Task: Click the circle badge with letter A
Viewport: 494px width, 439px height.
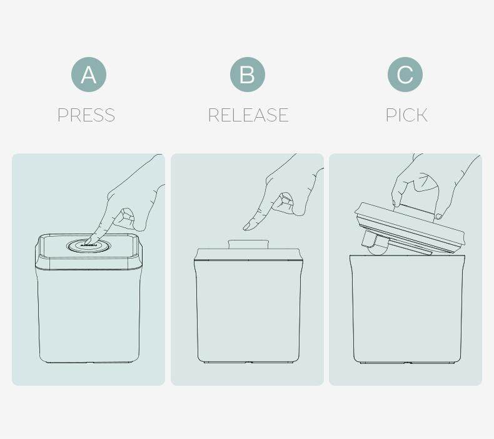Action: (x=89, y=75)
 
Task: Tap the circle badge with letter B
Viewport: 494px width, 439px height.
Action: (x=248, y=75)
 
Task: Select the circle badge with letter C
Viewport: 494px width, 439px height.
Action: (x=405, y=75)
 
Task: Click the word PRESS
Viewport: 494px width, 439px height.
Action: (x=86, y=115)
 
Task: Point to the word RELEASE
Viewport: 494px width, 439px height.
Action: (x=248, y=115)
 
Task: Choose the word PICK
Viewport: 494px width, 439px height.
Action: (x=406, y=115)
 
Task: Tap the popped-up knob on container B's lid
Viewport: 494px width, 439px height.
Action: (x=248, y=244)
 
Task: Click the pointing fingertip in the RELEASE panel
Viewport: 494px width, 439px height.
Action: (x=247, y=227)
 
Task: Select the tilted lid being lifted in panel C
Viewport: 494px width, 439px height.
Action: (x=410, y=227)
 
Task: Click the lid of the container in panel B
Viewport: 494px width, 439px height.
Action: (x=248, y=254)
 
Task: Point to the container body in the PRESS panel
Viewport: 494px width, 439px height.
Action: (x=89, y=316)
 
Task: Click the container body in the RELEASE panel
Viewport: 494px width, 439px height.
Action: (x=248, y=312)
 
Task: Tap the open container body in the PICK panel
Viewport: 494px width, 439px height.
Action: (x=407, y=309)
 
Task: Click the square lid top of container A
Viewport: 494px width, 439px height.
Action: (x=89, y=246)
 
